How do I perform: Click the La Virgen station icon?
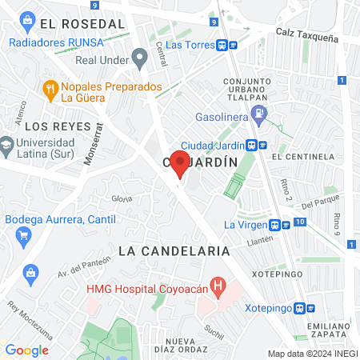[275, 225]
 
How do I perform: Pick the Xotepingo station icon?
[300, 308]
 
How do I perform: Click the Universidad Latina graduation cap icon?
[6, 146]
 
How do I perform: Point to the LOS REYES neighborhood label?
[53, 126]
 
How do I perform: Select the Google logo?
[26, 350]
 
